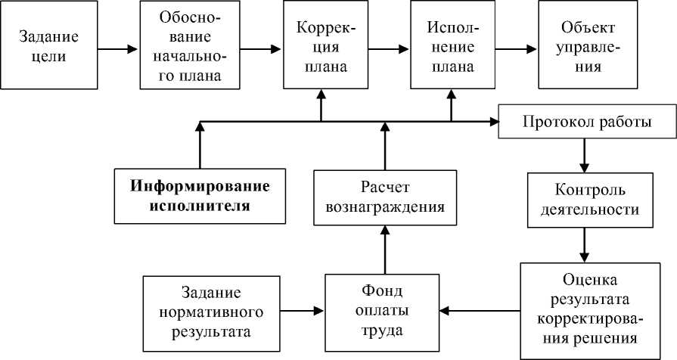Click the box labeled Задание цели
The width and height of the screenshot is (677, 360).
51,46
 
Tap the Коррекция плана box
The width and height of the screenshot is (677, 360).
322,46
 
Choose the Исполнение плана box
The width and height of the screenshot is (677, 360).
451,46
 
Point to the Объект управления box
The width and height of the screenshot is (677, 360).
582,46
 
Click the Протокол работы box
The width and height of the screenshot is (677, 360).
587,123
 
